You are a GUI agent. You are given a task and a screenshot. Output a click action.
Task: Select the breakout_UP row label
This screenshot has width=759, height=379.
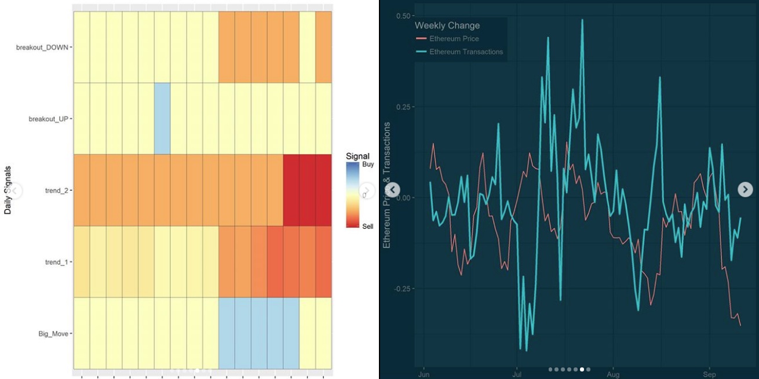(49, 119)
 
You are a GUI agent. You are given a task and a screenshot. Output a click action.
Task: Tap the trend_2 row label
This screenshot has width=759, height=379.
(56, 190)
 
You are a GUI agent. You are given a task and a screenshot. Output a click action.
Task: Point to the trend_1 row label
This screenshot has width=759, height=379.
(56, 262)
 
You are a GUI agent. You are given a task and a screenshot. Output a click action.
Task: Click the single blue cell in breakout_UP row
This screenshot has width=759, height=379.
(162, 118)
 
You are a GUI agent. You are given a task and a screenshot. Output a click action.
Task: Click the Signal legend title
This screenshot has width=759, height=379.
(357, 156)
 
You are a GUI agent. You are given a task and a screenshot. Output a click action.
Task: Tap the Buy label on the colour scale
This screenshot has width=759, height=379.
(368, 165)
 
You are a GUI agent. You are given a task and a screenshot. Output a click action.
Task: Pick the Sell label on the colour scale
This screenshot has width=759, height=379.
(368, 227)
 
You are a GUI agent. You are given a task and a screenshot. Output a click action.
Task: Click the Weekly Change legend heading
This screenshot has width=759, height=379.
(447, 25)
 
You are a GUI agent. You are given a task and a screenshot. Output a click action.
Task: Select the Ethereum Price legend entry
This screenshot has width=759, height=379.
(454, 39)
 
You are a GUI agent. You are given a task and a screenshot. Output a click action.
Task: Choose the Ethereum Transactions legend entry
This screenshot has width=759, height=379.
(466, 52)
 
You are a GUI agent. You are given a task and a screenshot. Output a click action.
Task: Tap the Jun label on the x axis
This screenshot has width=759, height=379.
(424, 374)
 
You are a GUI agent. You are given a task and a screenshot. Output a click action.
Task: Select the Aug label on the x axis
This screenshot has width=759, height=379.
(614, 374)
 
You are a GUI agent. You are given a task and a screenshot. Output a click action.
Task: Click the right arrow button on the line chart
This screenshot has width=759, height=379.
(745, 189)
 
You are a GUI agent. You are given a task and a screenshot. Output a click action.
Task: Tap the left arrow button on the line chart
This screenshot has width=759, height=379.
(393, 189)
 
